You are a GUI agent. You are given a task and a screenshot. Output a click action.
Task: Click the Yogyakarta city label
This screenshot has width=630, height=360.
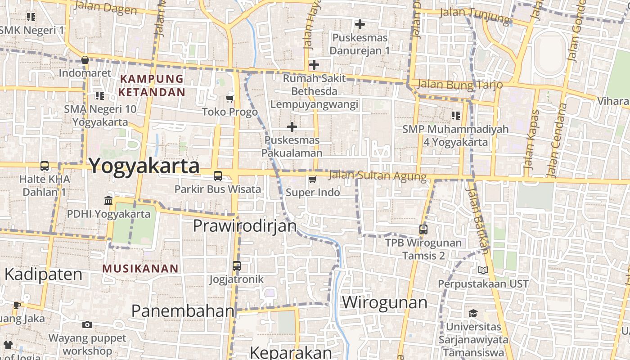click(144, 166)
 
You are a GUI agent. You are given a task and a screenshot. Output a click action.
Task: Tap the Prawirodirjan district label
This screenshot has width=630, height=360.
click(245, 225)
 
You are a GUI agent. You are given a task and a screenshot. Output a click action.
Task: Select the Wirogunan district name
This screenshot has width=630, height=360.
click(385, 302)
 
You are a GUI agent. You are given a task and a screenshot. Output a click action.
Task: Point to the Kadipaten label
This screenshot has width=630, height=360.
click(43, 274)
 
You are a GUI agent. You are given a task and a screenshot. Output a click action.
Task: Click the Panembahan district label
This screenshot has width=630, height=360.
click(183, 310)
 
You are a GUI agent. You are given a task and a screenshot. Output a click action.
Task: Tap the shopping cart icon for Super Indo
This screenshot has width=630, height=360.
click(313, 179)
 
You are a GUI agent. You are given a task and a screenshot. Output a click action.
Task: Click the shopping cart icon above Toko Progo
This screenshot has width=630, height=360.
click(230, 99)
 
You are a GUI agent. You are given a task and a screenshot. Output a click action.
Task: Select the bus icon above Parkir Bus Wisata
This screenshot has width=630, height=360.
click(218, 176)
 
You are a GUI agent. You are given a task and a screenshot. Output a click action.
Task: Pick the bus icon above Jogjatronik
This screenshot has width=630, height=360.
click(237, 266)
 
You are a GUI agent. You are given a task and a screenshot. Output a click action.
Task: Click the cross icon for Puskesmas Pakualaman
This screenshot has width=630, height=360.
click(292, 127)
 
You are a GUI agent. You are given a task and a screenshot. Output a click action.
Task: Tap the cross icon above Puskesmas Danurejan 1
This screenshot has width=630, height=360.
click(360, 24)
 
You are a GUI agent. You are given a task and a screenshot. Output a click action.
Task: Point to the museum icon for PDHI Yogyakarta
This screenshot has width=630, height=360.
click(108, 200)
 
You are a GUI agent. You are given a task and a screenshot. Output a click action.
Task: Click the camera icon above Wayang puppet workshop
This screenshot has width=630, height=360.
click(87, 324)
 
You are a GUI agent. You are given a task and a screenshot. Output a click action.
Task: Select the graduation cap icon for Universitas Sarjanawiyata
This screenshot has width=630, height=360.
click(473, 313)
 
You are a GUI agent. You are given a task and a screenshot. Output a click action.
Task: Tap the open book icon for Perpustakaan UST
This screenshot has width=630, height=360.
click(483, 270)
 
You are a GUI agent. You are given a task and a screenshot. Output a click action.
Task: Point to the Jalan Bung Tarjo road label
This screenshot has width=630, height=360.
click(459, 85)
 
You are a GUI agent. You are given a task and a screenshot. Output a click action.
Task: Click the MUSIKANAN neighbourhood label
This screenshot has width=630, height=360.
click(140, 269)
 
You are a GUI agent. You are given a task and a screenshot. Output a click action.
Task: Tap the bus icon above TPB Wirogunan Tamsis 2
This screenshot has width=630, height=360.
click(423, 229)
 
